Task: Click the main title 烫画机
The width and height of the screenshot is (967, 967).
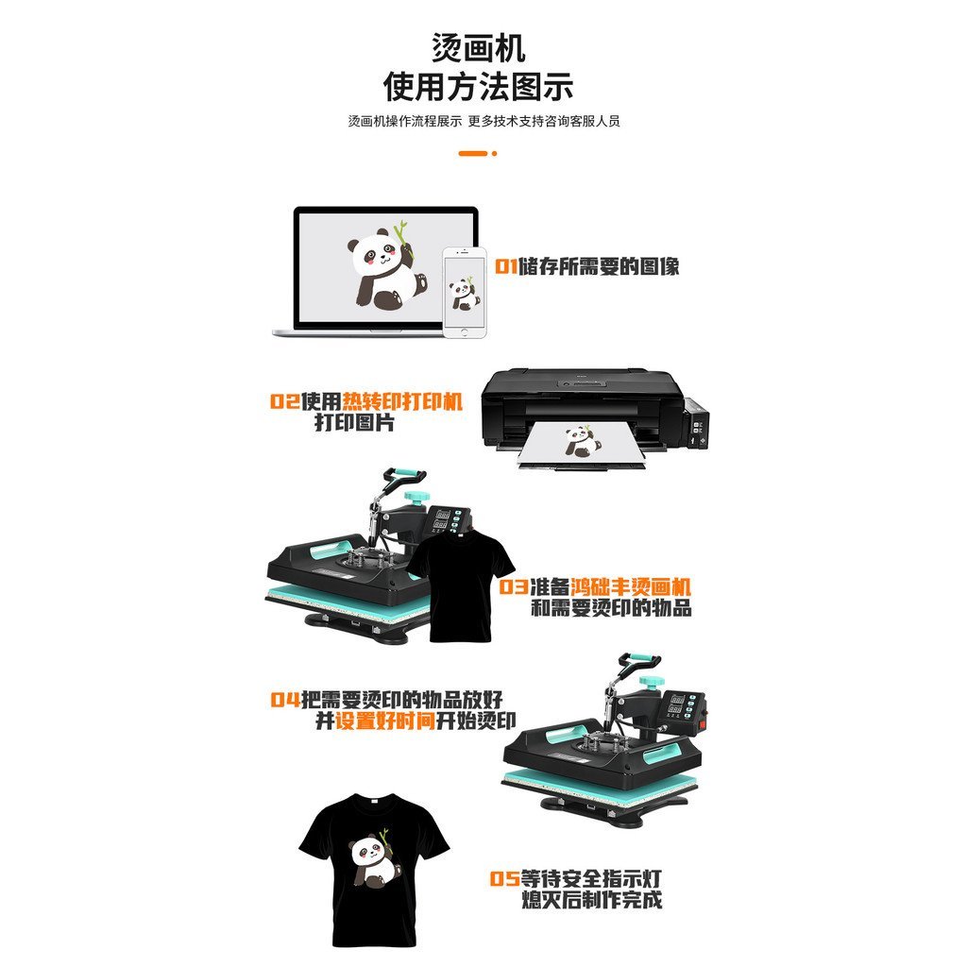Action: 478,48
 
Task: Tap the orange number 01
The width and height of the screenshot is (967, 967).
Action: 506,266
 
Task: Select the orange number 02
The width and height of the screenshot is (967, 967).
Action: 284,401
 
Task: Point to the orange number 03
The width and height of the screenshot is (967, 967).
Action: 514,586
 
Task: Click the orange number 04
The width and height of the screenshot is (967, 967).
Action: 285,700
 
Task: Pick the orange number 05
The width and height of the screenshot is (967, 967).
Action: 504,878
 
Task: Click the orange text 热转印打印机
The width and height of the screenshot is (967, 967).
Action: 402,401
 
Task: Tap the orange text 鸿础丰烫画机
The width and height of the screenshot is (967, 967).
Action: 630,586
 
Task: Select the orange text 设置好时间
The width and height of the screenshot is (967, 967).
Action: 384,721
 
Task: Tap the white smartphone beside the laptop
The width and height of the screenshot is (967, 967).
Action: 465,292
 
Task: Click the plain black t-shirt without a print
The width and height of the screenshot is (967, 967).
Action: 461,585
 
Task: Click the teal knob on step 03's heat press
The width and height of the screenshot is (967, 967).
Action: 416,497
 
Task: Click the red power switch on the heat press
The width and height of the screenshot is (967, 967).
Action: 703,719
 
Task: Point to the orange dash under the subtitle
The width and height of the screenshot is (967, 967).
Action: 472,153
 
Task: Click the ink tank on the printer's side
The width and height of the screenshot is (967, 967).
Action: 697,424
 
